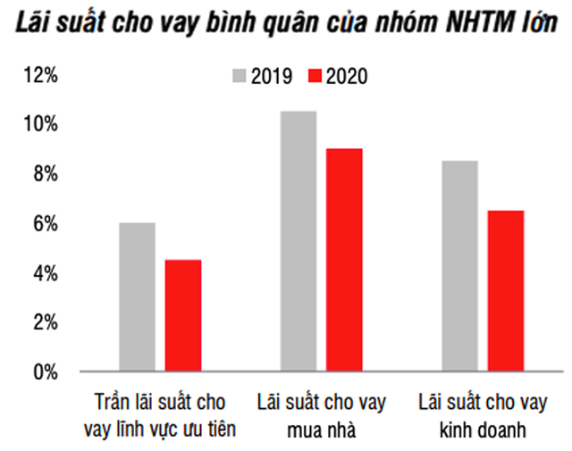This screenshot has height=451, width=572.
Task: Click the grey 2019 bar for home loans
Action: [298, 240]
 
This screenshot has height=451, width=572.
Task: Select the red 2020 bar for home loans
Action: [344, 259]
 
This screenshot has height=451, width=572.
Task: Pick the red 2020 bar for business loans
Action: [506, 290]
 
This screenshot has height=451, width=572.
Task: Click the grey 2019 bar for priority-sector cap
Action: [137, 296]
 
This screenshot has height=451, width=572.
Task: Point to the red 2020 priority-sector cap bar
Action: [183, 315]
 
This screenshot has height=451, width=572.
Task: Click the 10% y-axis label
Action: [40, 124]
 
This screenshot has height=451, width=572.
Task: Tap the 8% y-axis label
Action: [44, 173]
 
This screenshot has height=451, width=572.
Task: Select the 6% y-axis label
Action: [44, 223]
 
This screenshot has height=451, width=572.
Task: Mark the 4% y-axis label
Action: [44, 272]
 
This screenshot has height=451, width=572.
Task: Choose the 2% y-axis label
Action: [44, 322]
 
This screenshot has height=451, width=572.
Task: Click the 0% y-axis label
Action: [44, 372]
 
